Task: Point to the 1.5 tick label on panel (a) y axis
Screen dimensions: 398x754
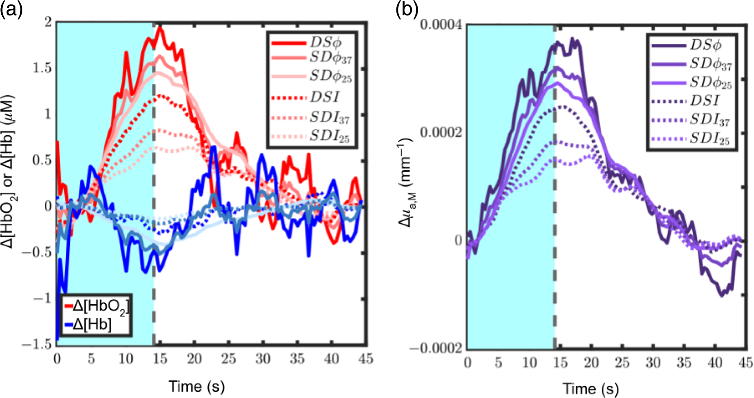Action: (x=42, y=68)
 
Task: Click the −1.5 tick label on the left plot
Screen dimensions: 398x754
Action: (x=36, y=344)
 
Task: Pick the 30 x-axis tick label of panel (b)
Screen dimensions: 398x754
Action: (x=653, y=363)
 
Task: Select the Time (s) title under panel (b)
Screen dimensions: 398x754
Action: (x=590, y=389)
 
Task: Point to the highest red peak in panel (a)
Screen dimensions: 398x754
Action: (x=159, y=28)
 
